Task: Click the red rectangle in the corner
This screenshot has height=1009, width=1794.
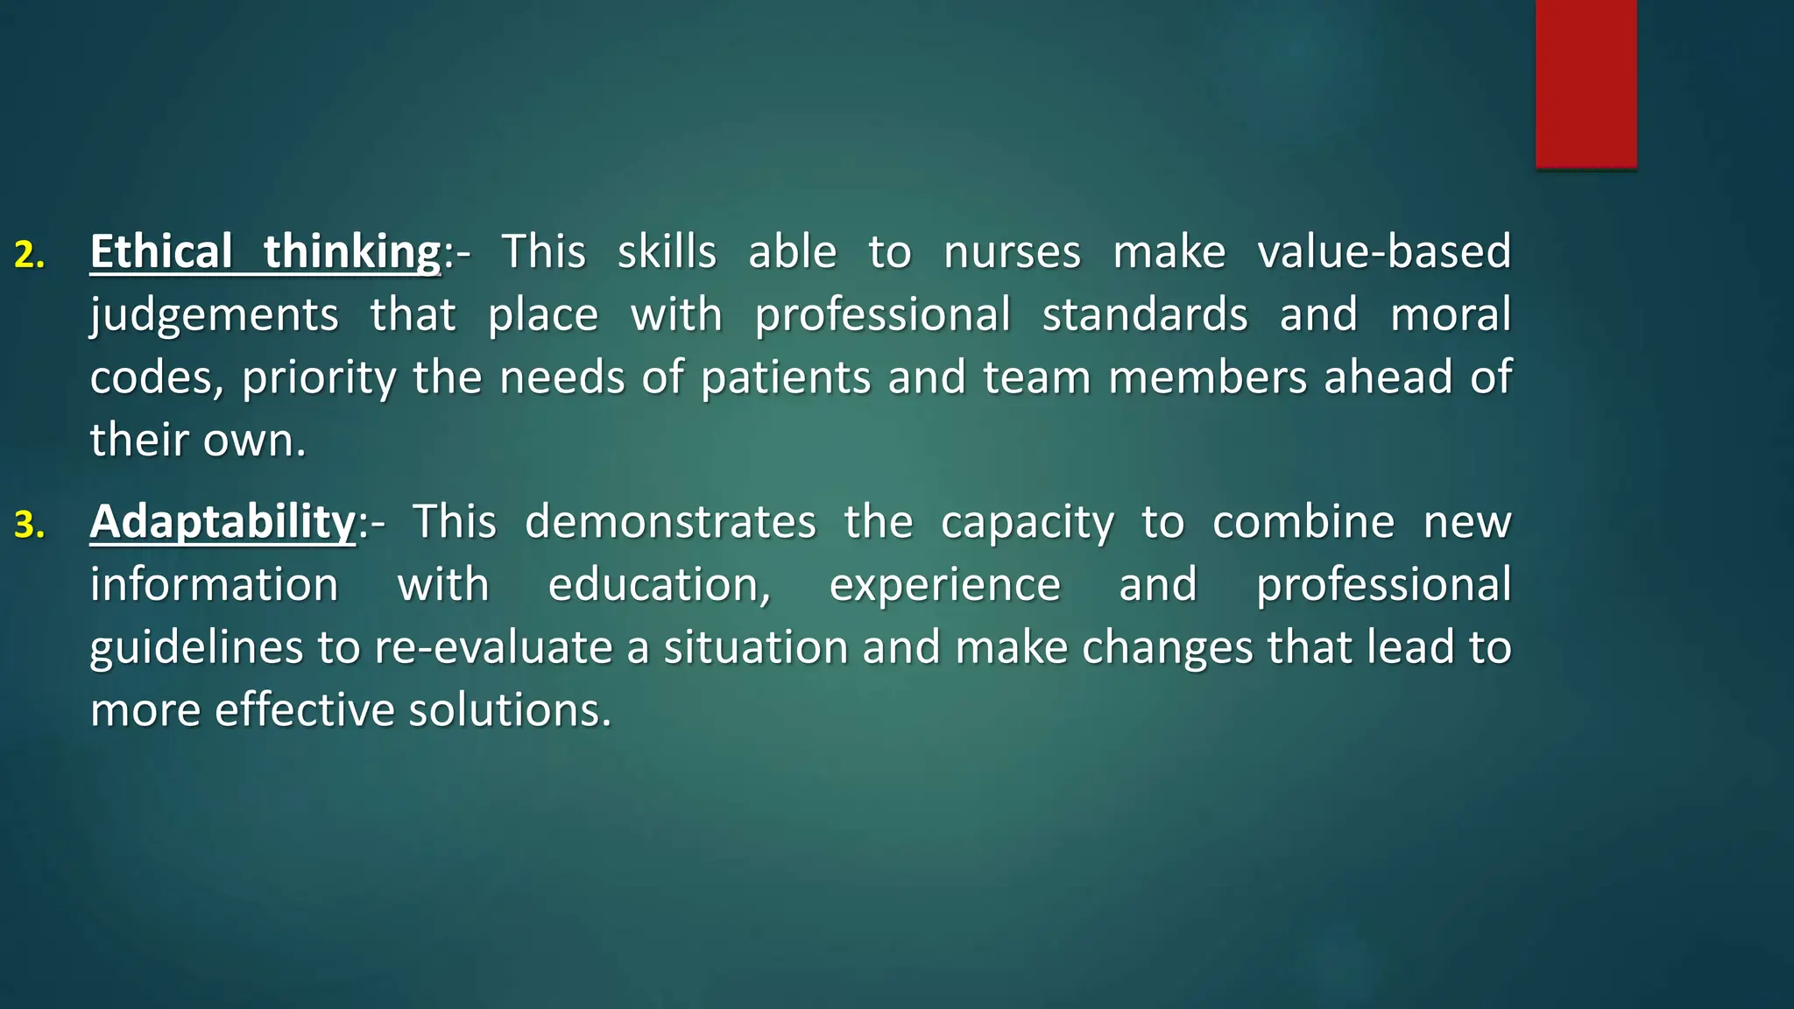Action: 1586,83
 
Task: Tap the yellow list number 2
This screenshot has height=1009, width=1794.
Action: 29,255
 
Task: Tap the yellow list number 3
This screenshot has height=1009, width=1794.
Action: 29,525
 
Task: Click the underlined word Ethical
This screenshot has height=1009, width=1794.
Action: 161,252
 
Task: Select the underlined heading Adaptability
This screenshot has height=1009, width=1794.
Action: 222,522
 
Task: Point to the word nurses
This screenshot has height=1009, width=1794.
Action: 1012,252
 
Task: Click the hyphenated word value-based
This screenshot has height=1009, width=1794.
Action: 1384,252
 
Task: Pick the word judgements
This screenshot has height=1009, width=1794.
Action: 214,315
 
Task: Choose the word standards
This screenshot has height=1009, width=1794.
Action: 1145,315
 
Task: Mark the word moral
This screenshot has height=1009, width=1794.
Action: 1451,315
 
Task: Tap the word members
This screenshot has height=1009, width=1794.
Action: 1207,378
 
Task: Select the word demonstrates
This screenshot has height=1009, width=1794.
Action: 670,522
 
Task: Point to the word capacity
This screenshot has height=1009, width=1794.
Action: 1028,522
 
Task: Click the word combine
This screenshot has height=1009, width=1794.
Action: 1303,522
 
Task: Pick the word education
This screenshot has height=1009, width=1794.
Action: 659,585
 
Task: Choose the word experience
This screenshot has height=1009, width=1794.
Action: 945,585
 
